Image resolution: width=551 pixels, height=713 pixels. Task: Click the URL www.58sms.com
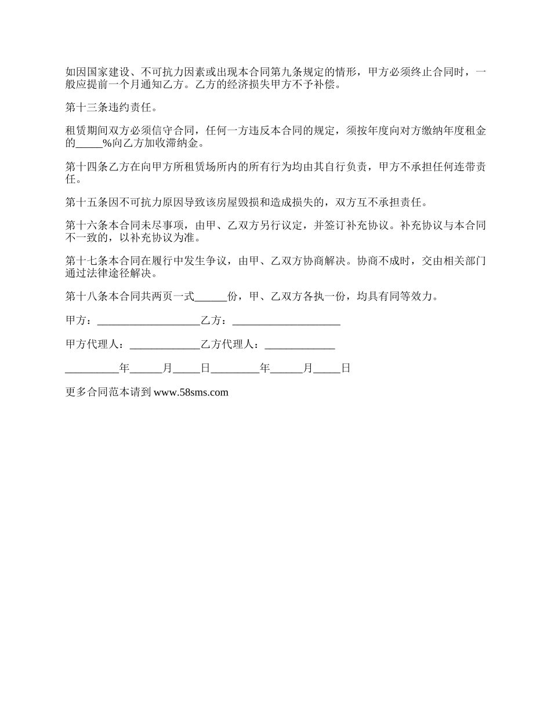pyautogui.click(x=191, y=392)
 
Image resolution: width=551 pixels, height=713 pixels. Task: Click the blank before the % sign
pyautogui.click(x=89, y=143)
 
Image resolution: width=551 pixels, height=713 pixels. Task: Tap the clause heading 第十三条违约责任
pyautogui.click(x=110, y=107)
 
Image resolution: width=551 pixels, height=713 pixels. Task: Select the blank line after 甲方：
pyautogui.click(x=148, y=321)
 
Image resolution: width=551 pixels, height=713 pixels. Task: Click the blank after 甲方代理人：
pyautogui.click(x=165, y=344)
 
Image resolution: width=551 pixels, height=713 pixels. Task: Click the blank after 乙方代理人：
pyautogui.click(x=299, y=344)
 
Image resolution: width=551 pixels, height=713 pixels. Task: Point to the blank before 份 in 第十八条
pyautogui.click(x=211, y=297)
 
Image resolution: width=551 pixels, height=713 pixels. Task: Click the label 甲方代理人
pyautogui.click(x=94, y=344)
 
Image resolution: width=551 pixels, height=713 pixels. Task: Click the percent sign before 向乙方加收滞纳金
pyautogui.click(x=107, y=143)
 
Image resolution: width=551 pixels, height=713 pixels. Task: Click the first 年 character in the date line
pyautogui.click(x=124, y=368)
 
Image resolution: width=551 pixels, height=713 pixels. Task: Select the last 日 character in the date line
pyautogui.click(x=346, y=368)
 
